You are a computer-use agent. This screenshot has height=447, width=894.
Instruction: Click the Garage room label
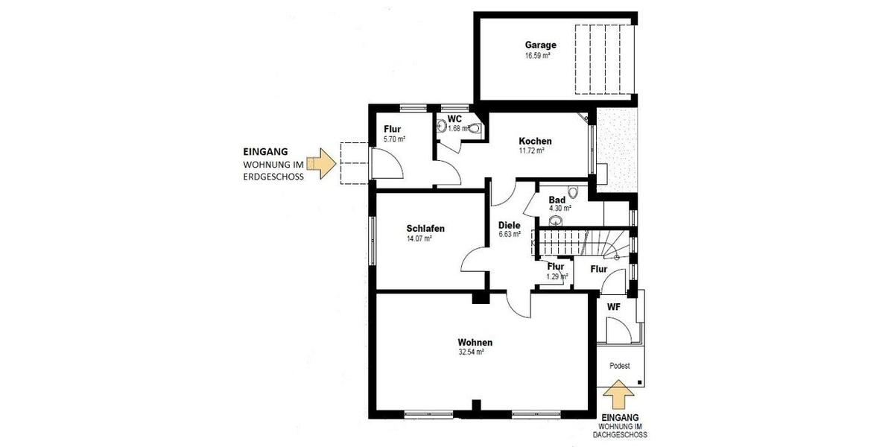click(x=540, y=45)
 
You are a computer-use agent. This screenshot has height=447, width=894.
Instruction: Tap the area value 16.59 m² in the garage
click(x=537, y=55)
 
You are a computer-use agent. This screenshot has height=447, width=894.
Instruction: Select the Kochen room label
click(x=535, y=141)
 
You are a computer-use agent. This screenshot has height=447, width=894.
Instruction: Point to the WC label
click(x=455, y=119)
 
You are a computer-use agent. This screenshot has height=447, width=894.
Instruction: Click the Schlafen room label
click(x=425, y=229)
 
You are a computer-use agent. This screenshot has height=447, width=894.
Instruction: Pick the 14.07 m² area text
click(x=419, y=239)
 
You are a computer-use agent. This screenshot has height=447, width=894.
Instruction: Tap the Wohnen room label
click(x=475, y=343)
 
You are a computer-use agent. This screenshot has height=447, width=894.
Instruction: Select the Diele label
click(x=509, y=225)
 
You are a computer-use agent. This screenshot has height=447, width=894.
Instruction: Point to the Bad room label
click(x=557, y=200)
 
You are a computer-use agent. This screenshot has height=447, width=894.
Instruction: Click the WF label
click(x=613, y=306)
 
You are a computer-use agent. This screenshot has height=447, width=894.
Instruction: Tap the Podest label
click(x=619, y=366)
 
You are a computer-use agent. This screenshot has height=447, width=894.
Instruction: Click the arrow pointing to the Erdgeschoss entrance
click(x=323, y=162)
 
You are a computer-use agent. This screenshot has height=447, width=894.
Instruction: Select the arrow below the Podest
click(x=618, y=395)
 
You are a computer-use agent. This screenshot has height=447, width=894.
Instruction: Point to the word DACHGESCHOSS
click(x=620, y=434)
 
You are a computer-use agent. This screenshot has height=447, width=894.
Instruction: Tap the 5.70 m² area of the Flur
click(x=394, y=139)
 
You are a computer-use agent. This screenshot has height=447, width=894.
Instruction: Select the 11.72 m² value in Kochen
click(x=533, y=150)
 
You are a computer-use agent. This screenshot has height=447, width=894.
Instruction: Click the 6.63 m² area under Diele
click(x=509, y=235)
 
